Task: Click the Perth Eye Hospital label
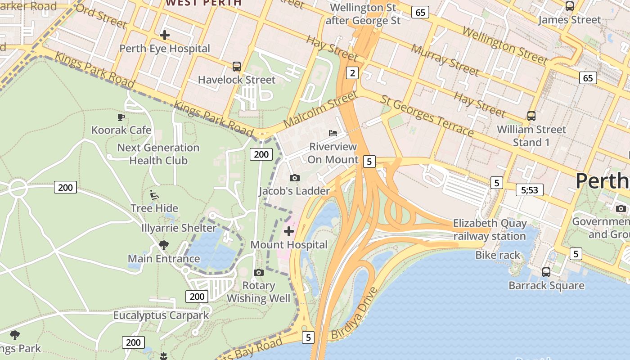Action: pyautogui.click(x=165, y=49)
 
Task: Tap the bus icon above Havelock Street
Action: pyautogui.click(x=237, y=67)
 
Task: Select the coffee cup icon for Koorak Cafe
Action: pyautogui.click(x=121, y=117)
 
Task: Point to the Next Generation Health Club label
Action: pyautogui.click(x=158, y=154)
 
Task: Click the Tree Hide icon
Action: pyautogui.click(x=154, y=195)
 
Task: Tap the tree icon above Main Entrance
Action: pyautogui.click(x=164, y=245)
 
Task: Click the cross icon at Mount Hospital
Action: pyautogui.click(x=289, y=232)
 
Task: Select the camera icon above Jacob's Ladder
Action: pyautogui.click(x=295, y=178)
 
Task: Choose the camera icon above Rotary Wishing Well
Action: pyautogui.click(x=259, y=272)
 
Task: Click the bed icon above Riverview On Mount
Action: pyautogui.click(x=333, y=133)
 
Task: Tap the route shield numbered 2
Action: pyautogui.click(x=352, y=73)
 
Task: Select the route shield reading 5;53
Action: pyautogui.click(x=529, y=190)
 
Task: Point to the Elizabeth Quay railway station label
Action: pyautogui.click(x=490, y=229)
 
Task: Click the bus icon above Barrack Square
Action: pyautogui.click(x=546, y=272)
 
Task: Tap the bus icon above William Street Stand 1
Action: pyautogui.click(x=531, y=116)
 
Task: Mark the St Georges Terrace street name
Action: pyautogui.click(x=427, y=116)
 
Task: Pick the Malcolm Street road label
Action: pyautogui.click(x=320, y=109)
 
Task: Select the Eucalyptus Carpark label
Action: pyautogui.click(x=161, y=315)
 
